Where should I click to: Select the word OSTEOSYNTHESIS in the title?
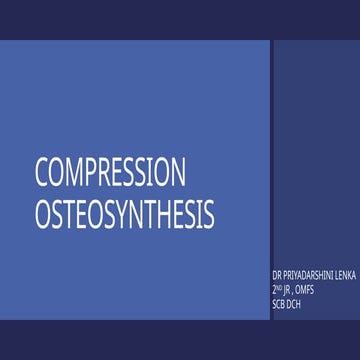(x=125, y=213)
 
